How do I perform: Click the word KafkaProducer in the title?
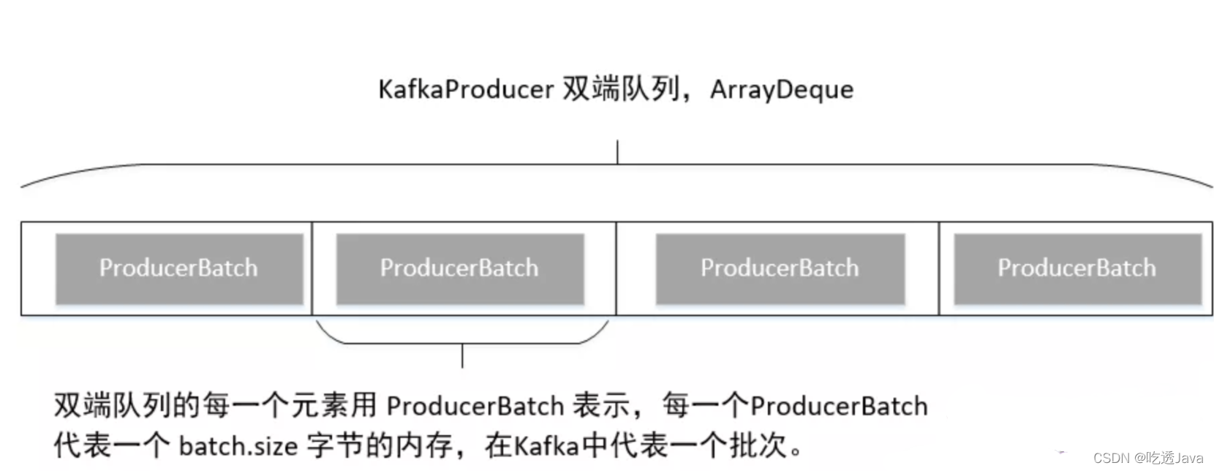pos(465,90)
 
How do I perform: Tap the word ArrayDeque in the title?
pos(781,90)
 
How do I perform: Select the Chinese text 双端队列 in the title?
pos(620,90)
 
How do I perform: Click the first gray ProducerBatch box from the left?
pos(179,268)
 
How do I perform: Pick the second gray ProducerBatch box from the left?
pos(459,268)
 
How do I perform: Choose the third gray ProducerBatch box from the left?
pos(780,268)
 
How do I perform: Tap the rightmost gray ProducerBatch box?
pos(1077,268)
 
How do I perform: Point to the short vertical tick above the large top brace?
pos(617,152)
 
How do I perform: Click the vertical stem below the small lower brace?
pos(462,356)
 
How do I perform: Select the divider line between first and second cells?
pos(312,268)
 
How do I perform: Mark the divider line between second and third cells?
pos(617,268)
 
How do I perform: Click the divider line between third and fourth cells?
pos(939,268)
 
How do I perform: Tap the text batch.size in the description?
pos(238,445)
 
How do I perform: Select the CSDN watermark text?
pos(1148,459)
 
